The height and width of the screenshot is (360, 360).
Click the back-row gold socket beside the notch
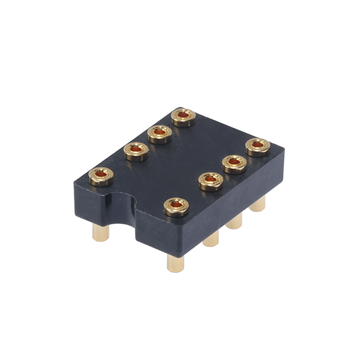(101, 176)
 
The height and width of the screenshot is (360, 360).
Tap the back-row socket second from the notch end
(136, 151)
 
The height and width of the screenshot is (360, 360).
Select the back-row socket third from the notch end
(160, 134)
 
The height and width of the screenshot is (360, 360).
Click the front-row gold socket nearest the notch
(176, 207)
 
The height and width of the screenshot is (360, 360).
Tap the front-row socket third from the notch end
(235, 164)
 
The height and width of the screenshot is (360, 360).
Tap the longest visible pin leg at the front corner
(176, 262)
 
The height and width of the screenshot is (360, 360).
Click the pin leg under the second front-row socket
(211, 240)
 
